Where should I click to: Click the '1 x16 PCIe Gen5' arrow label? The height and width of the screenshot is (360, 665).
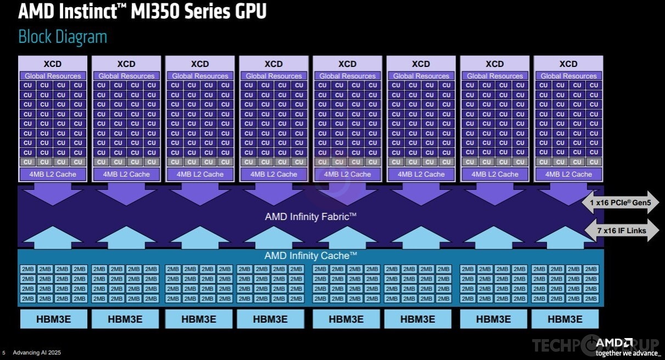(620, 203)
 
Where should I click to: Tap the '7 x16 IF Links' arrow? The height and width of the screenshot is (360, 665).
(622, 230)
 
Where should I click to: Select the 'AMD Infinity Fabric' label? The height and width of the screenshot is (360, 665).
(311, 217)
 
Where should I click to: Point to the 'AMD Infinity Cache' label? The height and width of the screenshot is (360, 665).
(311, 255)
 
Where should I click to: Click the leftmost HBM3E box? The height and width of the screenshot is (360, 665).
(54, 319)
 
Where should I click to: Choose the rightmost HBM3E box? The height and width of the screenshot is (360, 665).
(565, 319)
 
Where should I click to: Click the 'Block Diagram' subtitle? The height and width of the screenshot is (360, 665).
(63, 37)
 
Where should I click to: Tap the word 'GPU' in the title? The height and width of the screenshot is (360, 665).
(251, 12)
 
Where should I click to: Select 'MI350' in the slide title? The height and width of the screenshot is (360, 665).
(155, 12)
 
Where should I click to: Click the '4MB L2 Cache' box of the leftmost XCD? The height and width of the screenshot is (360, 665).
(53, 175)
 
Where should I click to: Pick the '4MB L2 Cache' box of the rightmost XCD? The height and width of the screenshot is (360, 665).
(568, 175)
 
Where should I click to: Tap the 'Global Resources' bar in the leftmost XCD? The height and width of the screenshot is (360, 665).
(53, 76)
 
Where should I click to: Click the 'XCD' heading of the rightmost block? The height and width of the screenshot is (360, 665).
(568, 64)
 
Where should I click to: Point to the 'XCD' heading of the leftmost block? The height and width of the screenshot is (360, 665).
(53, 64)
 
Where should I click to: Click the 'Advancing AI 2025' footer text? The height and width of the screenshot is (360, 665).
(37, 352)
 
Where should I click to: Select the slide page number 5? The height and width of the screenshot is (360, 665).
(4, 353)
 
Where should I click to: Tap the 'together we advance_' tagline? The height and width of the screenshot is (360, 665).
(628, 353)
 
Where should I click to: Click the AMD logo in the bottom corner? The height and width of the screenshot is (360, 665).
(614, 343)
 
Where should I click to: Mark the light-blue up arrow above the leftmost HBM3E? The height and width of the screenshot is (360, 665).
(53, 237)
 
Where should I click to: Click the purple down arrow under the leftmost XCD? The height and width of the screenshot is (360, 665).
(53, 194)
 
